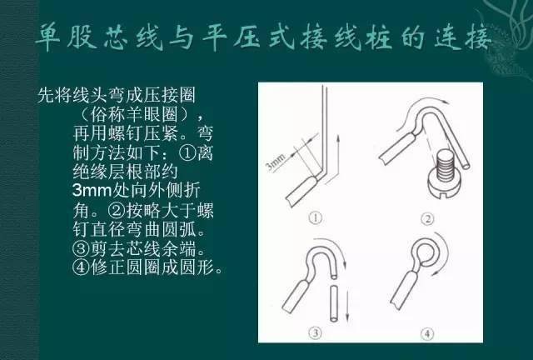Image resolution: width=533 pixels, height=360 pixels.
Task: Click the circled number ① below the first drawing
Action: coord(315,217)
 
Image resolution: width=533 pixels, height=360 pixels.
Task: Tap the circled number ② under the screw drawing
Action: coord(427,219)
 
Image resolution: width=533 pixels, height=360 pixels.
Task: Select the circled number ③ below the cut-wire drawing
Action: coord(315,332)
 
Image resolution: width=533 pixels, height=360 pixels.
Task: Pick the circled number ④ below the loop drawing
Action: coord(427,333)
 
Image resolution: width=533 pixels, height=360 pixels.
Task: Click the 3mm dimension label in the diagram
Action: coord(275,162)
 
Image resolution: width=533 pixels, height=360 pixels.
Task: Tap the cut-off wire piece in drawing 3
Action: coord(334,304)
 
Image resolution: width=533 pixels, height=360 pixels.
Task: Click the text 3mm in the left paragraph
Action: coord(92,190)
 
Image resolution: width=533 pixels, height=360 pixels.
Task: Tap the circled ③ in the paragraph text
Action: coord(81,248)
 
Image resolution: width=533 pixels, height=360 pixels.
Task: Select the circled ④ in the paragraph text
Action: coord(81,267)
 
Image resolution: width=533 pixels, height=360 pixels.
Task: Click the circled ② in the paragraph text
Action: coord(117,210)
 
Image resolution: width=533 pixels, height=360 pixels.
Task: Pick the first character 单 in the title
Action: coord(47,37)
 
